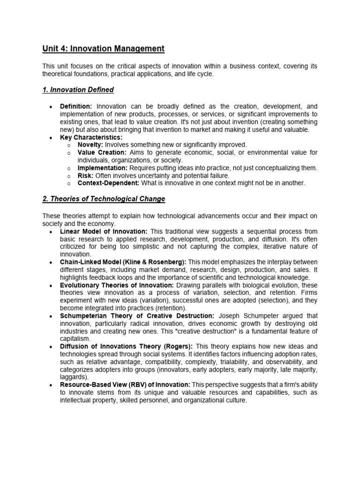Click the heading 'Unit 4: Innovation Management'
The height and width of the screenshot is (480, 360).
104,48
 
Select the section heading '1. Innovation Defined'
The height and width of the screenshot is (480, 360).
78,90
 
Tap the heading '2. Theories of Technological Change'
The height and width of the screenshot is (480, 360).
104,199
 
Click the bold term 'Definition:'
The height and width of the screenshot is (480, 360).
76,106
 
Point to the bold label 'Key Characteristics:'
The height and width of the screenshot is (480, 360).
91,137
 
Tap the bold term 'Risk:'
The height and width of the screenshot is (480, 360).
85,175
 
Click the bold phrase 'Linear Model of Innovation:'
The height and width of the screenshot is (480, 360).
104,232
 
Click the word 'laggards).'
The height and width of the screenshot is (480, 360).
74,376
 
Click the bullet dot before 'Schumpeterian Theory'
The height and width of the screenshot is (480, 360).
50,316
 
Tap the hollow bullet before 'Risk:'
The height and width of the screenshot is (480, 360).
68,176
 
